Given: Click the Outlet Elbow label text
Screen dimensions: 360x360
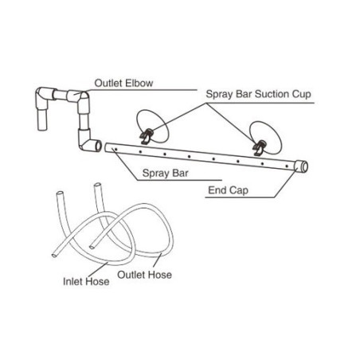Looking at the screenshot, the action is pyautogui.click(x=123, y=83).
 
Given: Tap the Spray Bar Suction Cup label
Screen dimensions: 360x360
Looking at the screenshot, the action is pyautogui.click(x=258, y=94).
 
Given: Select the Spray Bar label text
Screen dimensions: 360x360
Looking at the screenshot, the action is pyautogui.click(x=165, y=173).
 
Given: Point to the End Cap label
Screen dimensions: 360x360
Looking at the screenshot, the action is pyautogui.click(x=228, y=190).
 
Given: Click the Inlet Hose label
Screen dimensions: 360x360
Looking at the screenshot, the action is pyautogui.click(x=86, y=281).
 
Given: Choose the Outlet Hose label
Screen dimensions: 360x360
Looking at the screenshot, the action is pyautogui.click(x=144, y=275).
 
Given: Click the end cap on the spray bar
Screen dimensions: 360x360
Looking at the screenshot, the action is pyautogui.click(x=302, y=166).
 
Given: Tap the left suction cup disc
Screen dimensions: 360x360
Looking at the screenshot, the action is pyautogui.click(x=153, y=125).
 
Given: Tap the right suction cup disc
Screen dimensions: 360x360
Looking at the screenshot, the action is pyautogui.click(x=265, y=138).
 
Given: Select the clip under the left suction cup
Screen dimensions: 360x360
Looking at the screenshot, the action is pyautogui.click(x=146, y=136).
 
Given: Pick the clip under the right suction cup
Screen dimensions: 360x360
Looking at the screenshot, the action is pyautogui.click(x=259, y=148).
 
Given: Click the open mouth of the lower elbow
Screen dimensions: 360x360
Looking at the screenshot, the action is pyautogui.click(x=98, y=146).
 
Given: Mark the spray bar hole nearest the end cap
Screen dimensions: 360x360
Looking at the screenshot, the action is pyautogui.click(x=287, y=166).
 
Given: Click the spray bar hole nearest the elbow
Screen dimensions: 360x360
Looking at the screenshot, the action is pyautogui.click(x=115, y=150).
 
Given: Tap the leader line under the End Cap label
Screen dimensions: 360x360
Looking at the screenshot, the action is pyautogui.click(x=240, y=198).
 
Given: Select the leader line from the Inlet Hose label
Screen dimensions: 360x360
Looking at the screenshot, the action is pyautogui.click(x=98, y=270).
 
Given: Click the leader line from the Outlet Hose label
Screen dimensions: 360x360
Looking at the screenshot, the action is pyautogui.click(x=157, y=260).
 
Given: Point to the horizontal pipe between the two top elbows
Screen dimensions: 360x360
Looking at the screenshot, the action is pyautogui.click(x=61, y=94).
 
